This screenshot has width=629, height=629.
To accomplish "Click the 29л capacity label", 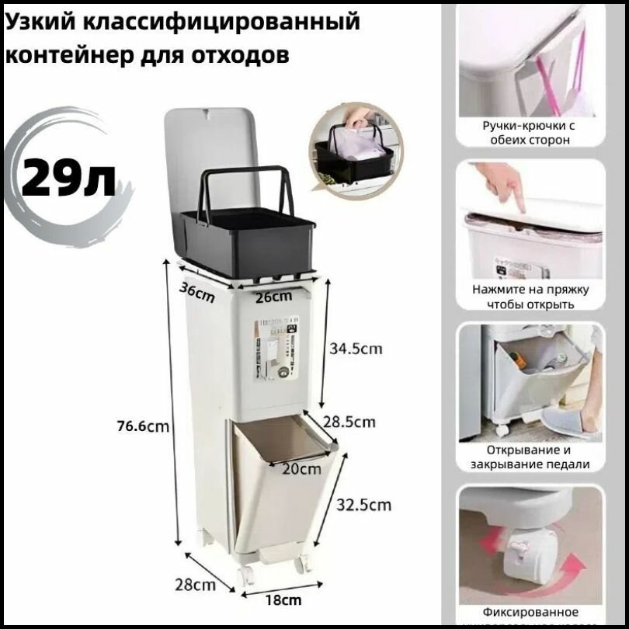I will (x=68, y=178).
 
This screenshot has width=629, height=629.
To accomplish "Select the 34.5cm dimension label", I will (x=356, y=349).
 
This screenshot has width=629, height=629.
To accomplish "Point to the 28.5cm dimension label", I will (x=349, y=422).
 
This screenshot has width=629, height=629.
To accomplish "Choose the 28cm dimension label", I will (x=196, y=583).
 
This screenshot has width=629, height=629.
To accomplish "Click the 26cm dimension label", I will (x=273, y=296).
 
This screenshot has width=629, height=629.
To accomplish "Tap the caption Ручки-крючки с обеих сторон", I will (x=530, y=132).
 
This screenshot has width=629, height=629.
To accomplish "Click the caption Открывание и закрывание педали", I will (x=530, y=457).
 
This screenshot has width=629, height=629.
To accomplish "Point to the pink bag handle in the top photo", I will (x=576, y=62).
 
